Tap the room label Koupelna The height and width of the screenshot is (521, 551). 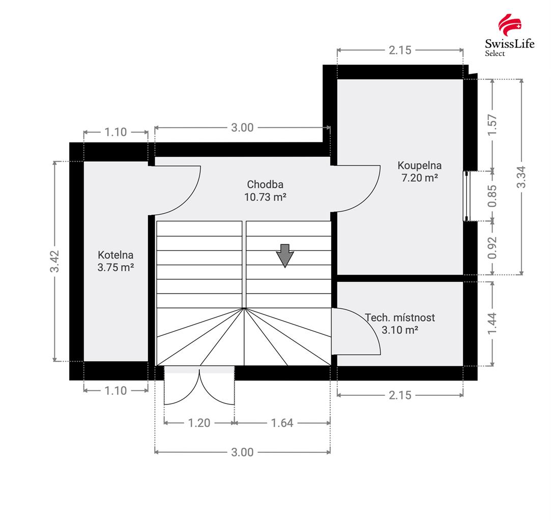420,165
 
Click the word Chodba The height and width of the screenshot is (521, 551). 265,184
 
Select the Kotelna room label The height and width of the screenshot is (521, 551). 115,255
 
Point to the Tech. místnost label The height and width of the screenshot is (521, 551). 400,317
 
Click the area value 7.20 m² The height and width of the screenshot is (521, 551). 420,178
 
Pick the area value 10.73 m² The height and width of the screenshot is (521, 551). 265,197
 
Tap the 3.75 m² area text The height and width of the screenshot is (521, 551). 115,267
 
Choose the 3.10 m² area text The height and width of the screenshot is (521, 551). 400,330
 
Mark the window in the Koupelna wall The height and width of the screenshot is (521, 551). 466,196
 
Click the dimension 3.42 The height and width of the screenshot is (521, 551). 55,261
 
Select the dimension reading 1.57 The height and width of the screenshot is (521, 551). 492,125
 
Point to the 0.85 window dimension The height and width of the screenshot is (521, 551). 492,195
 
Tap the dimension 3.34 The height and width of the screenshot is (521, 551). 521,177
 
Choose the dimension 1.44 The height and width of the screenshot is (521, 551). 492,324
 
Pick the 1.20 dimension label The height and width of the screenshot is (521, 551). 199,423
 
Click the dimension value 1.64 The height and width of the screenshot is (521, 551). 282,423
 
